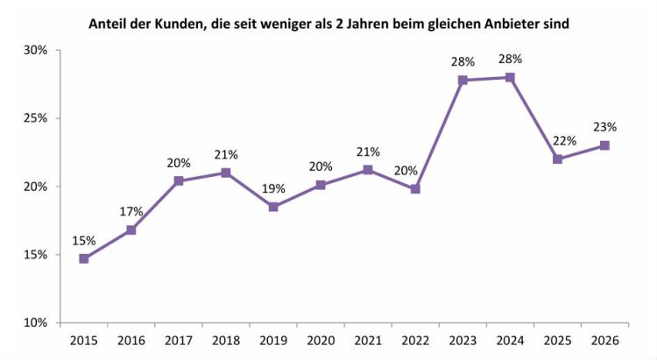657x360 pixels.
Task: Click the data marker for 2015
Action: [x=84, y=258]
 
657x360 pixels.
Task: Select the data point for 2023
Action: [x=463, y=80]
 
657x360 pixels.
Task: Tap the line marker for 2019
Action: [x=273, y=207]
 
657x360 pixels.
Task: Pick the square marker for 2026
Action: [x=604, y=145]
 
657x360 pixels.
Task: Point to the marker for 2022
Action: [x=415, y=188]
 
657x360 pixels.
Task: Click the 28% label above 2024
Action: [x=510, y=59]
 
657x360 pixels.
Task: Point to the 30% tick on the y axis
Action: [x=35, y=50]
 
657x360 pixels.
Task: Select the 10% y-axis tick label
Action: [x=35, y=323]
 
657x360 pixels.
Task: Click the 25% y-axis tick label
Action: [x=35, y=118]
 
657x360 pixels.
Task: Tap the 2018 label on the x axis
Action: [x=226, y=340]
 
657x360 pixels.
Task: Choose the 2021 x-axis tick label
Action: [x=368, y=340]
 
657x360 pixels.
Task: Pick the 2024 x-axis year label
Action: [x=510, y=340]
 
